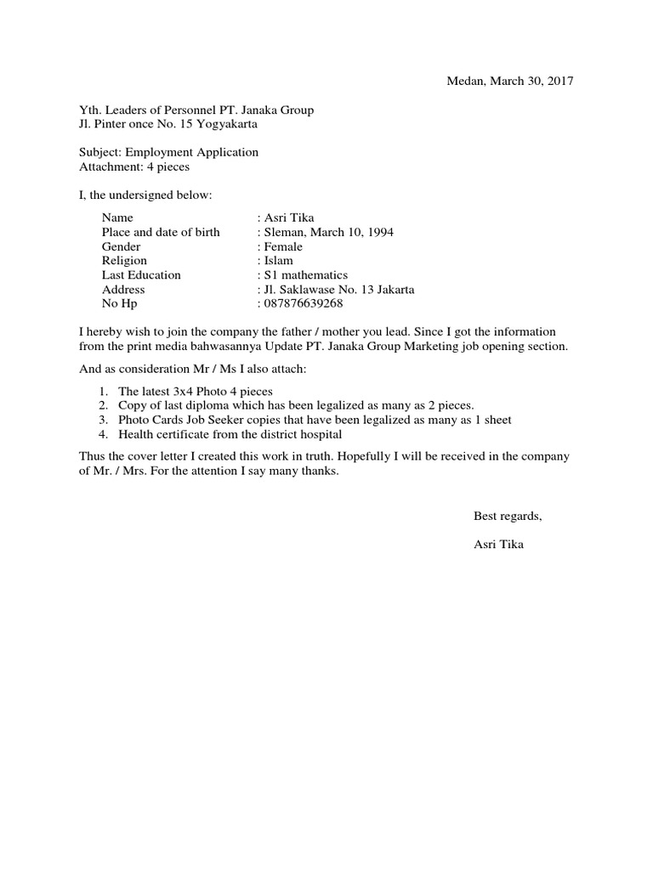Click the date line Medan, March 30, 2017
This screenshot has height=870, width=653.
click(510, 82)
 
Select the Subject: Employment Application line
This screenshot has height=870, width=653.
click(168, 152)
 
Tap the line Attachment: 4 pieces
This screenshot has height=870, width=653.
click(133, 167)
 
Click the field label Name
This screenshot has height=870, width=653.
click(117, 218)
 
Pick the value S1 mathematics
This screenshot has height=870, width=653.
click(304, 275)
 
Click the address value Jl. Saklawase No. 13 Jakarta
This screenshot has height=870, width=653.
click(338, 290)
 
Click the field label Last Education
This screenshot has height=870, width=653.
click(141, 275)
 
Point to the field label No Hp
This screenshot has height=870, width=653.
click(119, 303)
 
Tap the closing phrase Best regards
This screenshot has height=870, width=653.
click(508, 517)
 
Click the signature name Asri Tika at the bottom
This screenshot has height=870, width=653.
click(498, 545)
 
